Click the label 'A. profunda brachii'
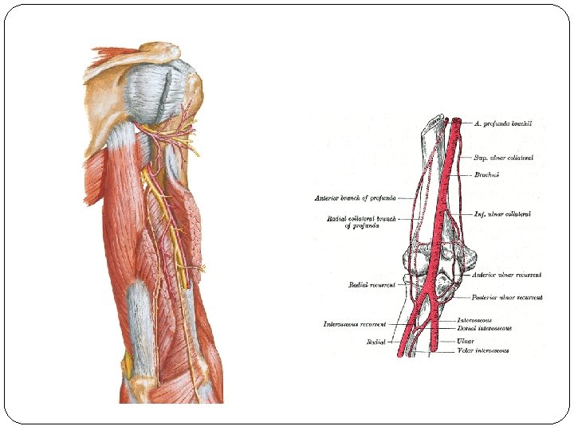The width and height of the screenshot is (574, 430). point(508,123)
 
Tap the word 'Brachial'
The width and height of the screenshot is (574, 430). point(486,174)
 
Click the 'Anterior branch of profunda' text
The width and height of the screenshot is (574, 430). point(356,197)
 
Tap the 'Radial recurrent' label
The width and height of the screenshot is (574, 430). point(372,284)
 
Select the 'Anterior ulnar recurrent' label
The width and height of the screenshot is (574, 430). point(507,276)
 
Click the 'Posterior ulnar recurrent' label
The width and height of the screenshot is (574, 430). point(508,298)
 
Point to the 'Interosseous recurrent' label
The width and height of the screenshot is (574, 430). point(355,324)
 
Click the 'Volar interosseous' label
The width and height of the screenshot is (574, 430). point(483,350)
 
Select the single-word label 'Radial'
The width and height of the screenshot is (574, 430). point(375,342)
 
